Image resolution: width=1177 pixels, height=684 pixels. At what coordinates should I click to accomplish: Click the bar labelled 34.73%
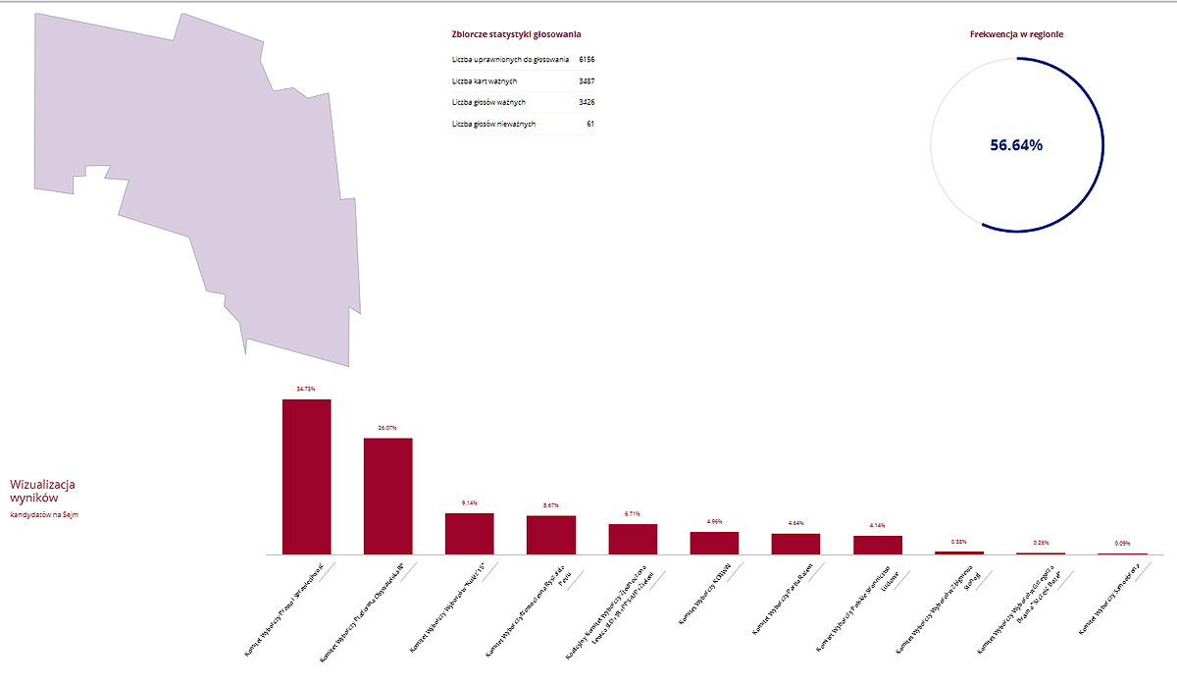point(306,476)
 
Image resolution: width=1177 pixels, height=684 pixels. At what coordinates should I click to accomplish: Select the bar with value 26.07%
point(388,496)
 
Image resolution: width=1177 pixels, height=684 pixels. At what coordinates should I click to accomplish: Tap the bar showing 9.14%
point(470,533)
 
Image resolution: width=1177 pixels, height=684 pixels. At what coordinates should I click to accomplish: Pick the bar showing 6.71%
point(633,539)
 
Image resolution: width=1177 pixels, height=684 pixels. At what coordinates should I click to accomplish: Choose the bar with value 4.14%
point(877,545)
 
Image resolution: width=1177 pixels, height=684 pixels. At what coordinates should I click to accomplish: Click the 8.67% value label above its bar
point(550,505)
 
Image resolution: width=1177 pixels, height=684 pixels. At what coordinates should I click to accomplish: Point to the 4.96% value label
point(714,521)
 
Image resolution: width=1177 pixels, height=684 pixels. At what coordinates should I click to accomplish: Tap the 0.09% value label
point(1121,543)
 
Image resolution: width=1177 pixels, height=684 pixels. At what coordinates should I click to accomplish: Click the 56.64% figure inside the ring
point(1016,145)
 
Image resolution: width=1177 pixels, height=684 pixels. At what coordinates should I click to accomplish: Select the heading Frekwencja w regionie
point(1016,34)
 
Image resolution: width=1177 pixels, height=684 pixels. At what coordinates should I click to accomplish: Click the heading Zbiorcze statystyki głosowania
point(516,34)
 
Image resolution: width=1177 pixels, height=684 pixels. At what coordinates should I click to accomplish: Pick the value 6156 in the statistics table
point(587,60)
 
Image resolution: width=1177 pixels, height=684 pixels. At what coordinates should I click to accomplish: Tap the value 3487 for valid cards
point(587,81)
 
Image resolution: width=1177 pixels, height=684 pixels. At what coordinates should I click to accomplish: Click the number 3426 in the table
point(587,103)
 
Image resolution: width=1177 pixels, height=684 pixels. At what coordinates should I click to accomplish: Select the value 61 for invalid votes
point(589,125)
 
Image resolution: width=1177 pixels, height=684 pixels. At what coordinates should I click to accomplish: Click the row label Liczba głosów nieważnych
point(493,125)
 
